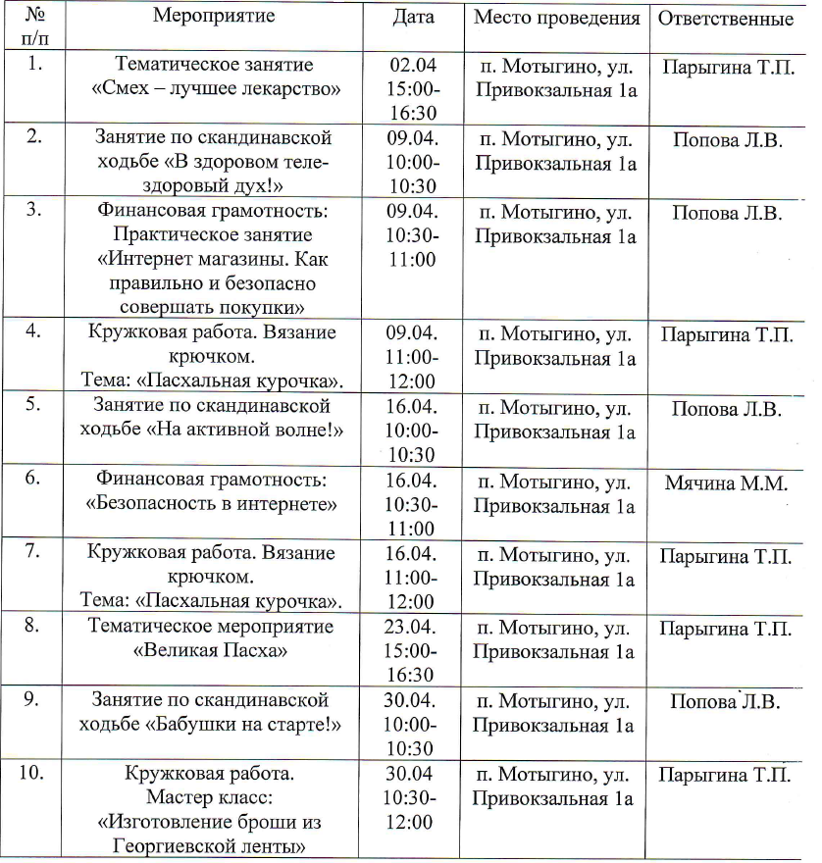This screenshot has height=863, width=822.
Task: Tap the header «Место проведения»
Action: click(556, 18)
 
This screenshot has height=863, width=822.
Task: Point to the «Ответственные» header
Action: click(725, 19)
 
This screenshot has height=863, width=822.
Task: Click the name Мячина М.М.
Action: click(725, 481)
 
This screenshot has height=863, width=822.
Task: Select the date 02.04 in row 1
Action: click(413, 65)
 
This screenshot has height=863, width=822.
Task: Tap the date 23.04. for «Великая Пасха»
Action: click(413, 626)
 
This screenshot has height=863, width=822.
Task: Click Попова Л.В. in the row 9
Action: click(725, 702)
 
